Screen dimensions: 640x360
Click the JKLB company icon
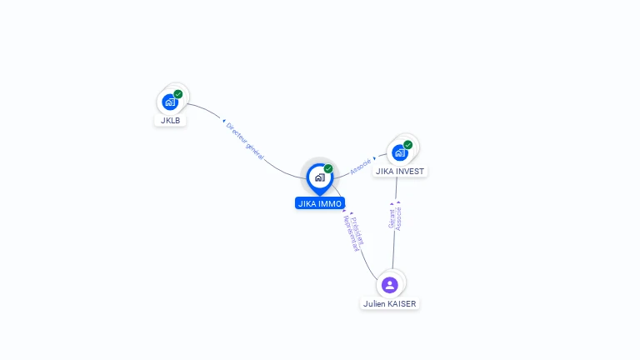tap(170, 102)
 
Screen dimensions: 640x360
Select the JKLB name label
tap(170, 120)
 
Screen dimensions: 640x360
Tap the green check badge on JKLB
tap(178, 94)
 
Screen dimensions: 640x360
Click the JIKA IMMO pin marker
tap(319, 177)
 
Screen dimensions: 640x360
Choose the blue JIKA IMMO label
tap(320, 203)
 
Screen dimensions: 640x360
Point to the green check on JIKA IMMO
tap(328, 168)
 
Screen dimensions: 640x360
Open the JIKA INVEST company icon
tap(400, 152)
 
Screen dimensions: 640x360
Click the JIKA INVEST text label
tap(400, 172)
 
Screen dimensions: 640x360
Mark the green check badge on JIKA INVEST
tap(408, 144)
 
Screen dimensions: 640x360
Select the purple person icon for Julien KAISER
tap(390, 285)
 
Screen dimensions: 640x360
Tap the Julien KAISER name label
tap(390, 304)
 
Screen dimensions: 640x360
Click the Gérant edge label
tap(392, 218)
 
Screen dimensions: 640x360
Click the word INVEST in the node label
tap(410, 172)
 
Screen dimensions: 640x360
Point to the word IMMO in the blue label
tap(331, 203)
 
